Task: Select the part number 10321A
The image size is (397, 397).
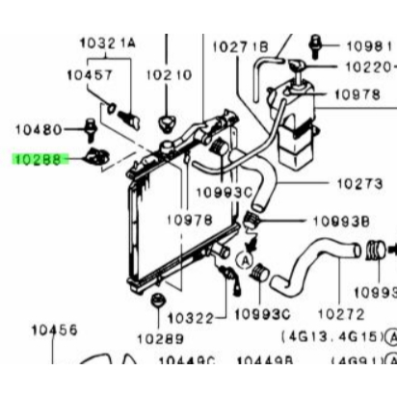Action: click(107, 43)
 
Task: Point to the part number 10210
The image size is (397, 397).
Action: click(168, 74)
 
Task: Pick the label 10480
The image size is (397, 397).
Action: click(39, 128)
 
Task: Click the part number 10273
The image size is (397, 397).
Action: click(361, 183)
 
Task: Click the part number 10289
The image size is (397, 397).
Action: click(158, 337)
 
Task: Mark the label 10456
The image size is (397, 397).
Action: click(54, 330)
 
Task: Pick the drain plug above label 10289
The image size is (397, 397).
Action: click(155, 306)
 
